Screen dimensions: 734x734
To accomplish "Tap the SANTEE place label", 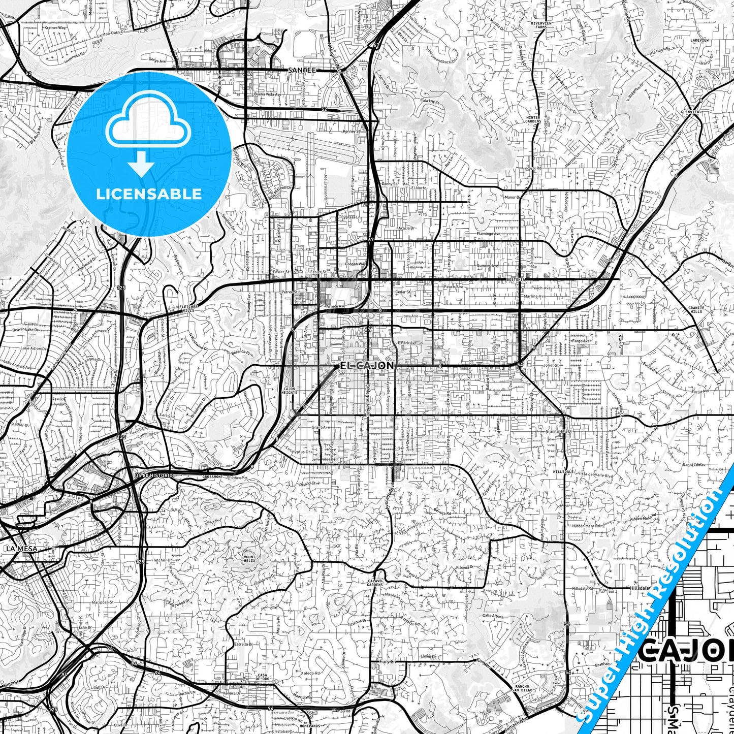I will click(302, 70).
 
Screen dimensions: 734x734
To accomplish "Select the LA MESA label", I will click(19, 549).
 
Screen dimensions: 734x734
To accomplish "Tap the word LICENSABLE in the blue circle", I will click(149, 194).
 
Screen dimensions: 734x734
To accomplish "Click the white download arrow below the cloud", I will click(142, 166).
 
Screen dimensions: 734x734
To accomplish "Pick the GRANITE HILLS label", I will click(696, 309).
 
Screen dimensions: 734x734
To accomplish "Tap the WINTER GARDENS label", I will click(533, 119).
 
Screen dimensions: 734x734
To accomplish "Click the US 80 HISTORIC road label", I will click(154, 475).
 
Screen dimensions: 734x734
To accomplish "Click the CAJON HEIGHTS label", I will click(289, 391).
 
